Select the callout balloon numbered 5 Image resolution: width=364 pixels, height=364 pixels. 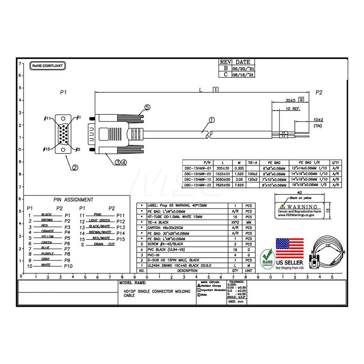pos(147,107)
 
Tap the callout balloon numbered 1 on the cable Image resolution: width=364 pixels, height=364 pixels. pos(212,120)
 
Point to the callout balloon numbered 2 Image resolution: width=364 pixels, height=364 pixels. pos(75,167)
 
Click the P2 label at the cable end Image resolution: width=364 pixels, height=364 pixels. pos(319,92)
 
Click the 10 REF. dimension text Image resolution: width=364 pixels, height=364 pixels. pos(293,109)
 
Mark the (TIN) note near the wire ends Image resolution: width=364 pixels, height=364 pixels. pos(318,126)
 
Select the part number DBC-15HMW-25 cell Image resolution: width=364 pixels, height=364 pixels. pos(197,185)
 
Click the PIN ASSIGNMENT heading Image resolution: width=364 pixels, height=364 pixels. pos(73,199)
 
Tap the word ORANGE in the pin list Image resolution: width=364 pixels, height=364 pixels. pos(48,231)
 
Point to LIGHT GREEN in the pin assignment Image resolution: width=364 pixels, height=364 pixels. pos(99,221)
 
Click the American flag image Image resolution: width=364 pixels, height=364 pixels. pos(289,248)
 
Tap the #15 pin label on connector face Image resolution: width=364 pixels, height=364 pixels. pos(46,149)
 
